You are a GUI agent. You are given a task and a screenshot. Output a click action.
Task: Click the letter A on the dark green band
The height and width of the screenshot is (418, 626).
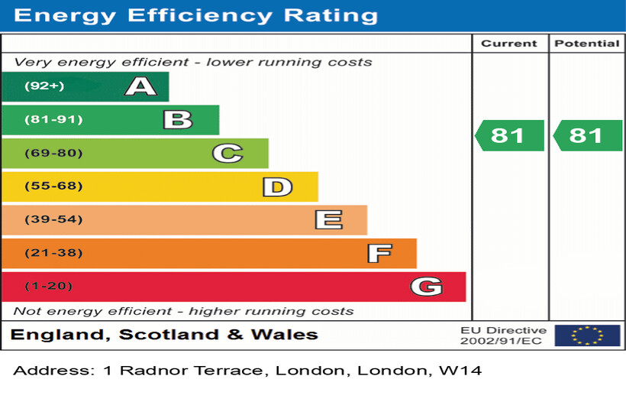(140, 86)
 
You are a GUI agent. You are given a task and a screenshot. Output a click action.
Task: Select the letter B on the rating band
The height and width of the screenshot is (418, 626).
(177, 120)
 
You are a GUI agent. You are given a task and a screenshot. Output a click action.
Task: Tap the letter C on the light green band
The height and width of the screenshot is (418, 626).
(227, 154)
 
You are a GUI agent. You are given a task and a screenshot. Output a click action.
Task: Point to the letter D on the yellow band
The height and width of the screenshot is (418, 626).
(277, 186)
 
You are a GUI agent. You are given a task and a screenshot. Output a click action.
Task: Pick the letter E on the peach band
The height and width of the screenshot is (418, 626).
(328, 220)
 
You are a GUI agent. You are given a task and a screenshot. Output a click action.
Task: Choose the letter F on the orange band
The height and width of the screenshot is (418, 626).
(379, 253)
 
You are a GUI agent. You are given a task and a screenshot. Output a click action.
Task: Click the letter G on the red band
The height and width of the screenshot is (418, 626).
(426, 287)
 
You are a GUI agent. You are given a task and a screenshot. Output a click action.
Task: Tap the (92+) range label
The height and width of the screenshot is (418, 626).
(44, 86)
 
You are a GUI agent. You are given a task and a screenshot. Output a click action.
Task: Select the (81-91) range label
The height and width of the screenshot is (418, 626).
(53, 120)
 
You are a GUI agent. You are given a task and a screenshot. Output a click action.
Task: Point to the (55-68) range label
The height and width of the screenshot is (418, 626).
(53, 186)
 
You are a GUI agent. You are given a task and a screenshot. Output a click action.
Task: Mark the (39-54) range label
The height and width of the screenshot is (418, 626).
(53, 220)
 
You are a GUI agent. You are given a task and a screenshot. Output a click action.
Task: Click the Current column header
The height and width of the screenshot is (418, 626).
(509, 44)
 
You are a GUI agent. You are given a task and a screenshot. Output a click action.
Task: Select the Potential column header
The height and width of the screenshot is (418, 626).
(586, 44)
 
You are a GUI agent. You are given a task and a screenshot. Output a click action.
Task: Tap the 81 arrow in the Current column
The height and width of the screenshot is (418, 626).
(509, 135)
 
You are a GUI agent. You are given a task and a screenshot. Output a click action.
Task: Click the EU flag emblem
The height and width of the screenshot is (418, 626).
(587, 335)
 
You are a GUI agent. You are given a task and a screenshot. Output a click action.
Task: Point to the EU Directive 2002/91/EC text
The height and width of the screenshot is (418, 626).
(503, 335)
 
